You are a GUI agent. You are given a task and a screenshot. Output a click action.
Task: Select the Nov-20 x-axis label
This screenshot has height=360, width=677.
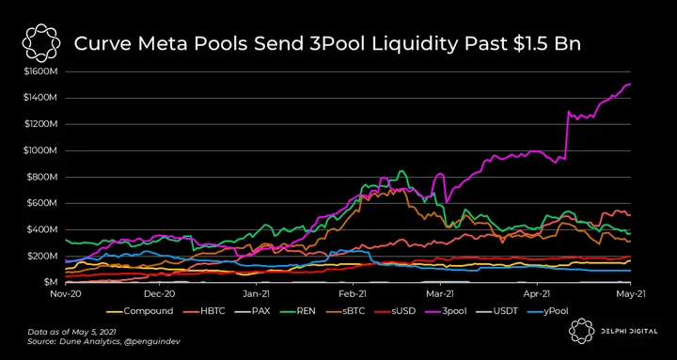coord(66,294)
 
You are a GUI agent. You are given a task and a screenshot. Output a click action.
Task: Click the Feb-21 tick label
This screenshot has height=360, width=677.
coord(353,294)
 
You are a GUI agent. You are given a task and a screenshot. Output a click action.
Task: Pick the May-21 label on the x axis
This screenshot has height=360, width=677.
coord(631,294)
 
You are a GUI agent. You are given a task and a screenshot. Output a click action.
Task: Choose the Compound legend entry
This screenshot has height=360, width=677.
coord(140,311)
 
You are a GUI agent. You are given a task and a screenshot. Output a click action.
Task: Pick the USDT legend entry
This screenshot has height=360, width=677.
coord(498,311)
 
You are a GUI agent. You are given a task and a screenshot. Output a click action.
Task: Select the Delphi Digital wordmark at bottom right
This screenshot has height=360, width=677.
coord(628,331)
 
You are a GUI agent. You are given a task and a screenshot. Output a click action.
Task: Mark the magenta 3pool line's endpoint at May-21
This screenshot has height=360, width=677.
coord(631,84)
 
